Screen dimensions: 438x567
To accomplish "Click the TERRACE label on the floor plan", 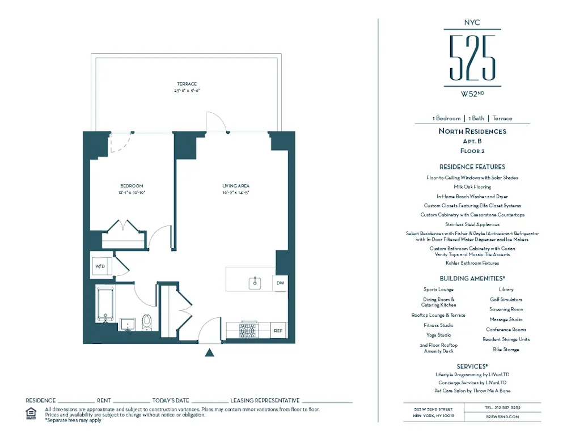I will point(187,84).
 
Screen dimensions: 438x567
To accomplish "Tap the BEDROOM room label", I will point(131,186).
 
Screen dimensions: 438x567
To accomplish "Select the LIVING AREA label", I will point(236,186).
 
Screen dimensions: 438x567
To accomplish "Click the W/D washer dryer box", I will point(100,266).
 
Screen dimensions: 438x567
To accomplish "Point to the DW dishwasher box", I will point(280,282).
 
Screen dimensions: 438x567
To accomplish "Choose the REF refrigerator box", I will point(278,330).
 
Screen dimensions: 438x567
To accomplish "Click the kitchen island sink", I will point(255,281).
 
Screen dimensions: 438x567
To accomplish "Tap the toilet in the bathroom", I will point(147,322).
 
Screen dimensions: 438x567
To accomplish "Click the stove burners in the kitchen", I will point(249,329).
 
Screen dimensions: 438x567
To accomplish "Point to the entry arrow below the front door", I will point(209,352).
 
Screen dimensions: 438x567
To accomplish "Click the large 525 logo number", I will point(472,57).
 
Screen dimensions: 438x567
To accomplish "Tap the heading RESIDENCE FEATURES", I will point(472,167).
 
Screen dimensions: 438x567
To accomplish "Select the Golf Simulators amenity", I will point(506,299).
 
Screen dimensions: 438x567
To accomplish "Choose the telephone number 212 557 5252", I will point(502,407).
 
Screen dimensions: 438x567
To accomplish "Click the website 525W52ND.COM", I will point(502,416).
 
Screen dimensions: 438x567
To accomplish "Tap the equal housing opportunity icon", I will point(31,413).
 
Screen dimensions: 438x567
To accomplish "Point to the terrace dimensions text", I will point(187,91).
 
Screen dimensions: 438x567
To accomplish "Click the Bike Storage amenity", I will point(506,350).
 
